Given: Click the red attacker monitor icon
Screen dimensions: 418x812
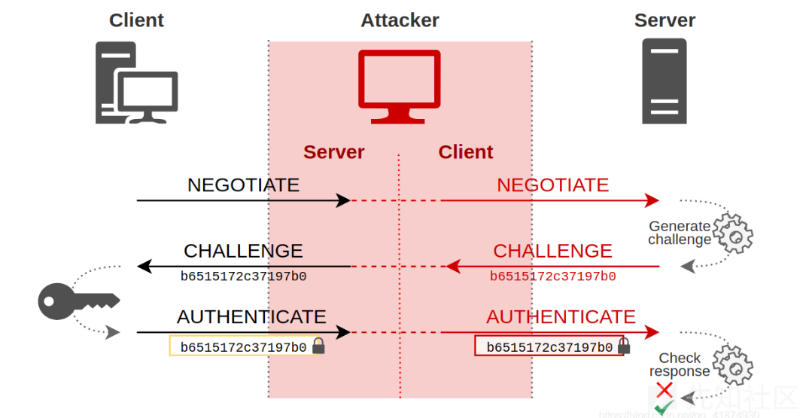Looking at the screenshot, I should (x=399, y=86).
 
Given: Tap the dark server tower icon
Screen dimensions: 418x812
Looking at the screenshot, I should (x=664, y=81).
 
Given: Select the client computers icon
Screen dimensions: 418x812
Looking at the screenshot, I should (x=135, y=83).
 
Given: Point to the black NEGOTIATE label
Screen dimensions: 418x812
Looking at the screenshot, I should (x=243, y=185).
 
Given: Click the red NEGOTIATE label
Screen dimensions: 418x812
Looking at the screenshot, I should (x=552, y=185).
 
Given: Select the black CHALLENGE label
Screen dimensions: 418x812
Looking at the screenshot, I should (x=243, y=251).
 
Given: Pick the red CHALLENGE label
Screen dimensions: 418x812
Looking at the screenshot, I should (x=552, y=251).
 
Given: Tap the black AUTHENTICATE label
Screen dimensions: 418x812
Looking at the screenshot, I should (x=251, y=317).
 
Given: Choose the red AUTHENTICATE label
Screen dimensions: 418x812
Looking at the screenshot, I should (x=561, y=317).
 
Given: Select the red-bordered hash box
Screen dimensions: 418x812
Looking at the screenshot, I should (x=549, y=346).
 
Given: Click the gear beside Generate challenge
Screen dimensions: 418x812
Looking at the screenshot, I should (x=732, y=233).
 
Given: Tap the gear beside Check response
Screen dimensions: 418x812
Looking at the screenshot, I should (x=732, y=365).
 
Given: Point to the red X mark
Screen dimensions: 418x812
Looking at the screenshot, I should (x=664, y=390).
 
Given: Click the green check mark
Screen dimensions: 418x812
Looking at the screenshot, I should (x=664, y=407).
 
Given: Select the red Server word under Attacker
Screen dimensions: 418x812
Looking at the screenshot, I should (x=333, y=152).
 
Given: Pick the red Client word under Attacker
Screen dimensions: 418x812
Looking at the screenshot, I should (x=465, y=152).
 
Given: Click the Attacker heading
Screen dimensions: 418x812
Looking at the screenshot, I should (x=400, y=20).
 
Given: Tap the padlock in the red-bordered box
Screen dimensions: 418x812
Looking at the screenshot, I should (x=624, y=346).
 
